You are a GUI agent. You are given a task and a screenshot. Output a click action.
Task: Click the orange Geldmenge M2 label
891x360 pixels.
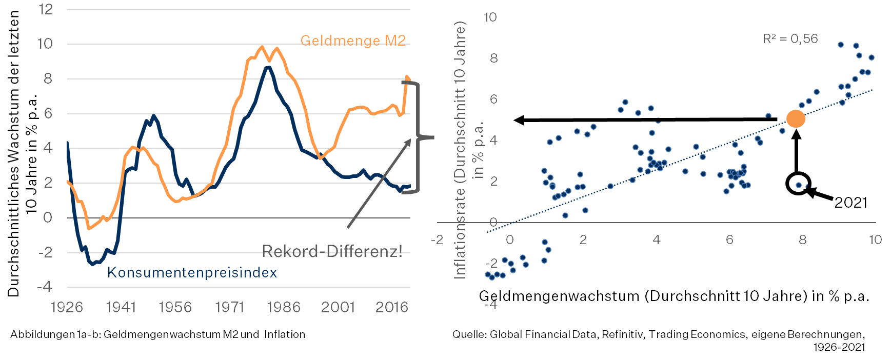(x=353, y=41)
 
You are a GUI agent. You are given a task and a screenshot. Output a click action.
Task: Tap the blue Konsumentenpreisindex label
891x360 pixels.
(x=192, y=272)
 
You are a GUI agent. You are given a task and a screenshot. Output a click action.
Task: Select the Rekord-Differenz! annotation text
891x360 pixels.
(x=332, y=251)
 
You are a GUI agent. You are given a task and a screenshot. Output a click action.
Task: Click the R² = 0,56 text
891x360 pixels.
(x=790, y=39)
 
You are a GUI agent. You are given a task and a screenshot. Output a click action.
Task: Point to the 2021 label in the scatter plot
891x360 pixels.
(x=850, y=203)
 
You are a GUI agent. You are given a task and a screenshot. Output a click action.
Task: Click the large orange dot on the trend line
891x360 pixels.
(x=796, y=119)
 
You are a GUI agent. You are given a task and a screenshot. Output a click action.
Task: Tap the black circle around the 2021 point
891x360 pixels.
(x=798, y=184)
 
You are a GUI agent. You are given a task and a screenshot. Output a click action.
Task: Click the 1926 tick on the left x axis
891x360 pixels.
(x=67, y=307)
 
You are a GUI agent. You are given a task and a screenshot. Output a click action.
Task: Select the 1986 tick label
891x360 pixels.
(x=284, y=307)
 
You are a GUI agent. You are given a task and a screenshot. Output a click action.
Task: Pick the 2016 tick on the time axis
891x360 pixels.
(x=392, y=307)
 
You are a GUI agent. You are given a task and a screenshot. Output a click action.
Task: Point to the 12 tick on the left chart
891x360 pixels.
(x=46, y=10)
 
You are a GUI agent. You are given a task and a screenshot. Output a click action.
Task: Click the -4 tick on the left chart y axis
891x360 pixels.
(x=45, y=287)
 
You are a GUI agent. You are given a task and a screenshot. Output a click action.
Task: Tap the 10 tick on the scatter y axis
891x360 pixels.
(x=490, y=17)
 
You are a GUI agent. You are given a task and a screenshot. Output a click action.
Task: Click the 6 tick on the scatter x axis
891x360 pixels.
(x=729, y=240)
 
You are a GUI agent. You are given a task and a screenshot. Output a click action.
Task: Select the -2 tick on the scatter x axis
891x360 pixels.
(x=437, y=240)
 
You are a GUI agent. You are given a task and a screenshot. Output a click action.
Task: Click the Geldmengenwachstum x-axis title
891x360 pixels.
(x=674, y=296)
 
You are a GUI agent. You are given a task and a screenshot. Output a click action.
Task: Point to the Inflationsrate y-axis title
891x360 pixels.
(x=460, y=150)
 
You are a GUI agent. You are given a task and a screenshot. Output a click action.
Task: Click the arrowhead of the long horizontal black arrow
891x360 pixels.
(x=519, y=120)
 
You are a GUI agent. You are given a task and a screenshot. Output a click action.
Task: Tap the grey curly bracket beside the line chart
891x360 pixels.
(x=422, y=137)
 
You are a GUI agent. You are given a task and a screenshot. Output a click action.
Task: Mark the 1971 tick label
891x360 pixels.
(x=230, y=307)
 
